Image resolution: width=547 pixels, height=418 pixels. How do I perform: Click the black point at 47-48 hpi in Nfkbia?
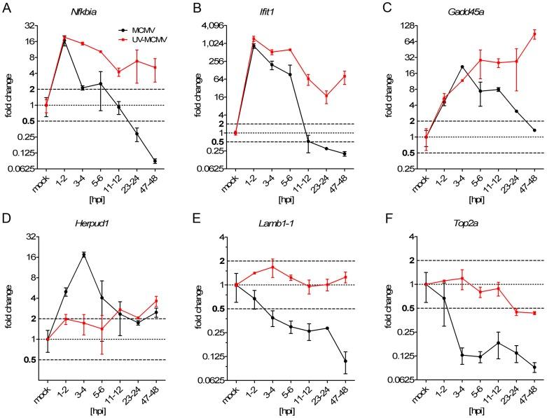[x=155, y=161]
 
